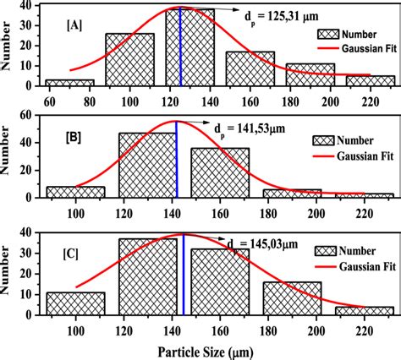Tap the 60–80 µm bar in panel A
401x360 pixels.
[x=69, y=84]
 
